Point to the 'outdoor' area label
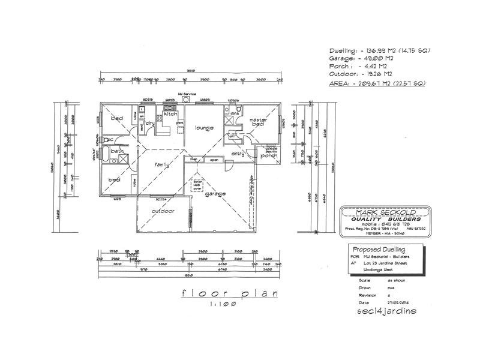pyautogui.click(x=163, y=212)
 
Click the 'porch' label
pyautogui.click(x=268, y=155)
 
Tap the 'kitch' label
pyautogui.click(x=170, y=113)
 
